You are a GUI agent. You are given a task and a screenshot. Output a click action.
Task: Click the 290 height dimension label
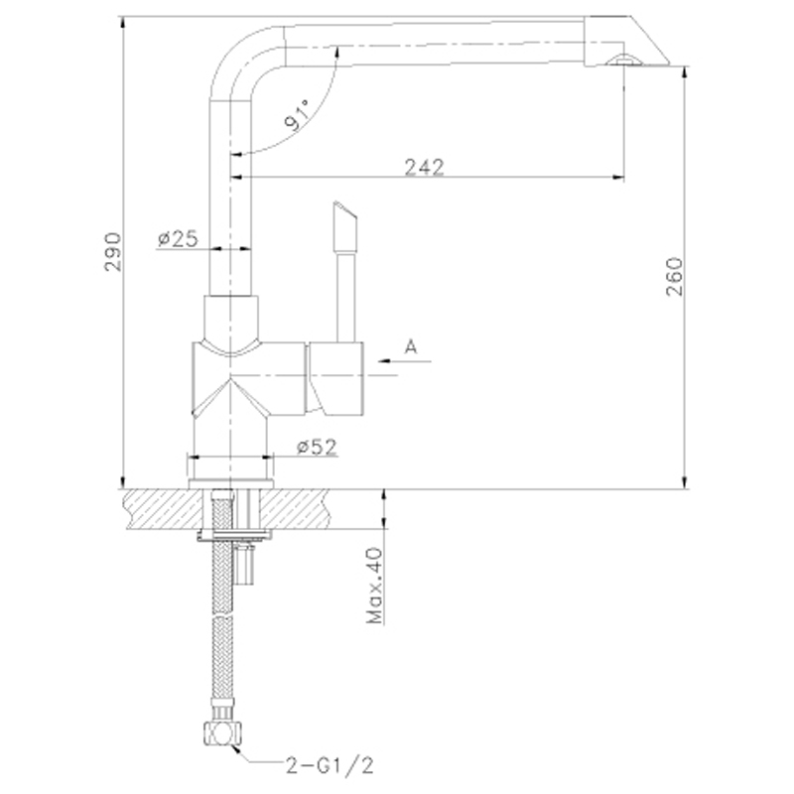pyautogui.click(x=113, y=252)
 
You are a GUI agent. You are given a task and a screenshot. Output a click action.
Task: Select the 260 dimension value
pyautogui.click(x=675, y=277)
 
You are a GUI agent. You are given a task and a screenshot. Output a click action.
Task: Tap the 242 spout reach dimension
pyautogui.click(x=425, y=167)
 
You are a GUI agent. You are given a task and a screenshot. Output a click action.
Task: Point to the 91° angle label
pyautogui.click(x=297, y=115)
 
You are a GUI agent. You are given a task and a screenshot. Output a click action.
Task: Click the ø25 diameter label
pyautogui.click(x=178, y=238)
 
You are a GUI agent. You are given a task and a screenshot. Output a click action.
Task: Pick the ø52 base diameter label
pyautogui.click(x=317, y=447)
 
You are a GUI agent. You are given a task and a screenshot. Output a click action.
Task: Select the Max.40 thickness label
pyautogui.click(x=375, y=586)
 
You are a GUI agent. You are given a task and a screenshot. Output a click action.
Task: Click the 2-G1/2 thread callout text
pyautogui.click(x=330, y=765)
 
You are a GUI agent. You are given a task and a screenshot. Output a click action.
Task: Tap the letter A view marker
pyautogui.click(x=411, y=346)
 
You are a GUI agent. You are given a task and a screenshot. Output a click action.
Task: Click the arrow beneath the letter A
pyautogui.click(x=404, y=361)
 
